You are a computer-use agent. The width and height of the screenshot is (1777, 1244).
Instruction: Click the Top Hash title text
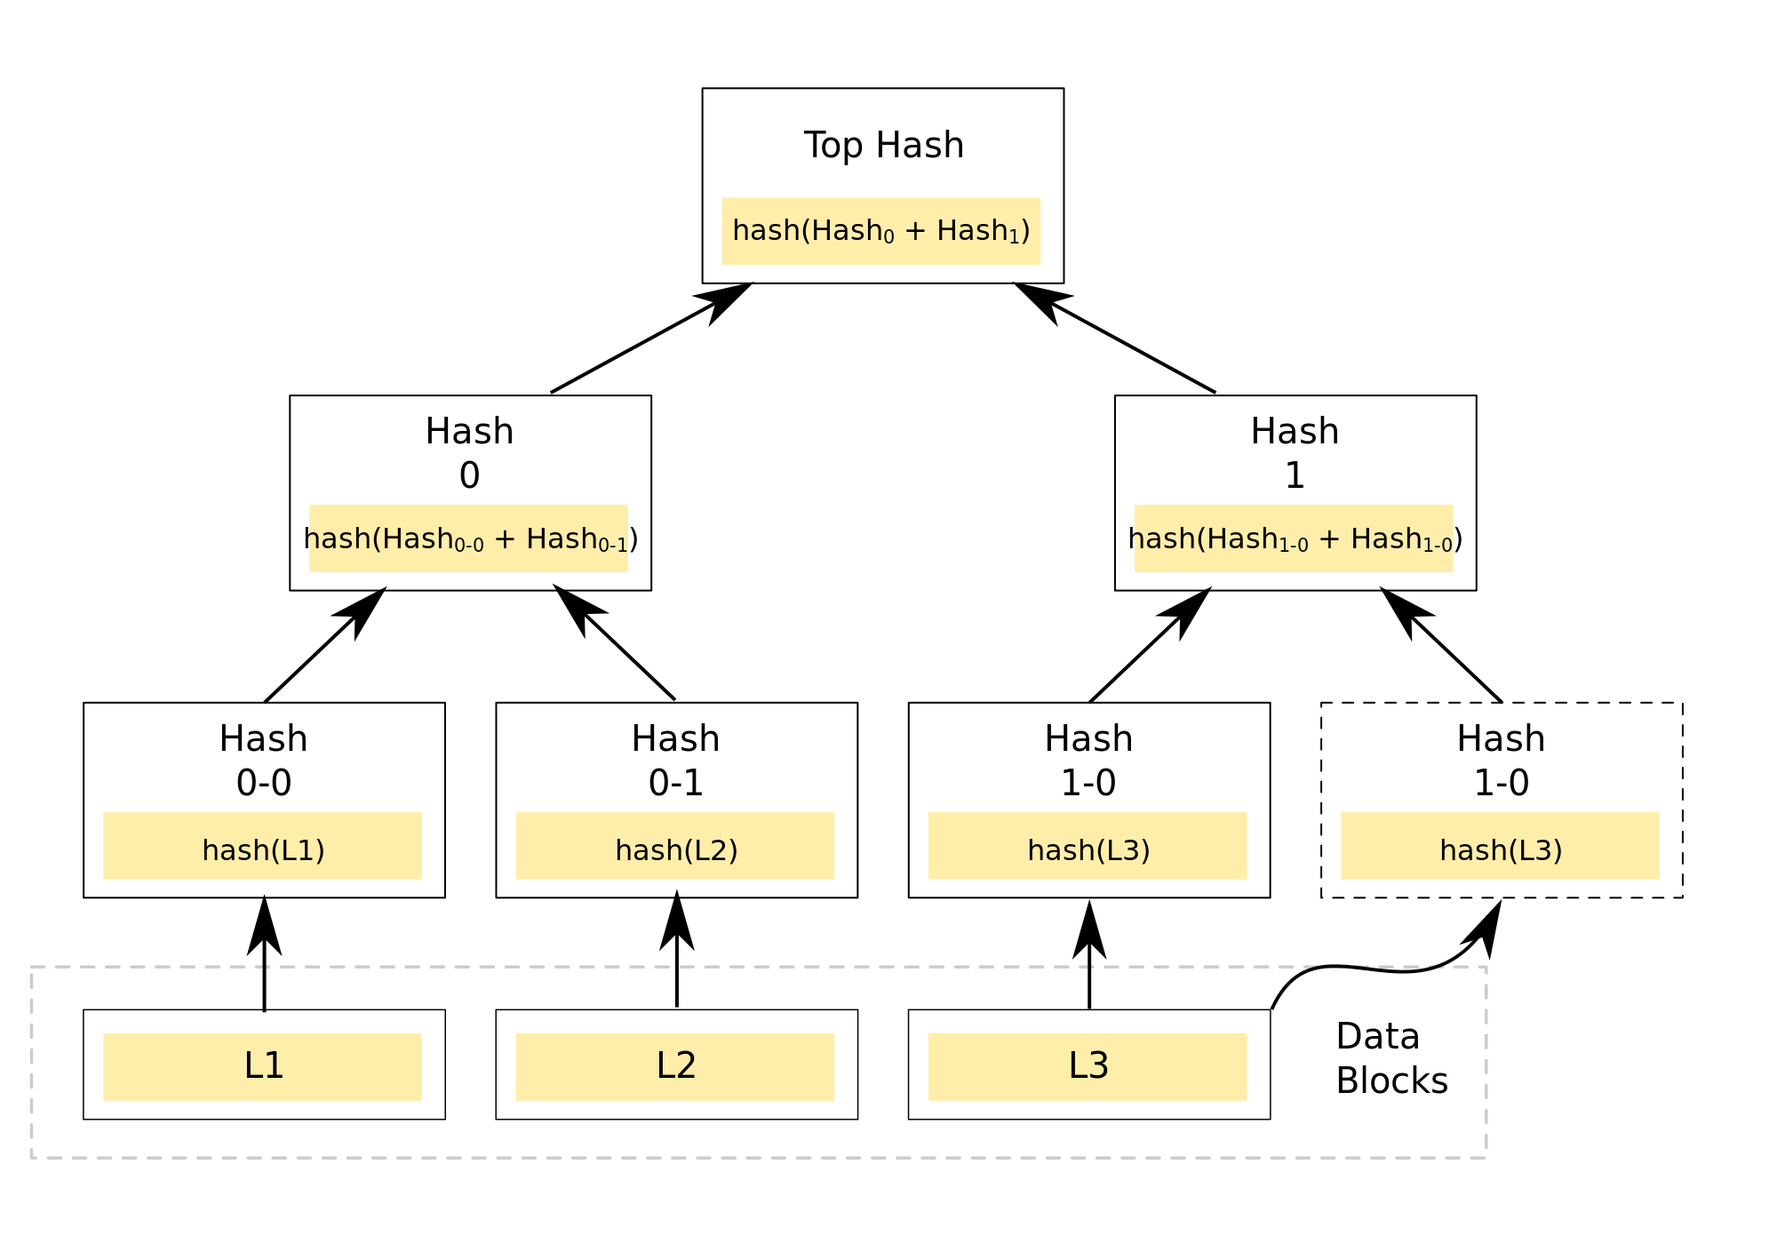[x=884, y=145]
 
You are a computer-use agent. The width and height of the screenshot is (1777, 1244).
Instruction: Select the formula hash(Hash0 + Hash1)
[x=881, y=231]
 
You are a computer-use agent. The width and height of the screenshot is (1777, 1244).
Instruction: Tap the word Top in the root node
[x=833, y=145]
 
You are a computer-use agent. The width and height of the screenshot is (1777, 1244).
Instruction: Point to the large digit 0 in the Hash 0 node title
[x=469, y=475]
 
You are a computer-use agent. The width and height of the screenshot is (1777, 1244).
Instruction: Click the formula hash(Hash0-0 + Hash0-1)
[x=470, y=539]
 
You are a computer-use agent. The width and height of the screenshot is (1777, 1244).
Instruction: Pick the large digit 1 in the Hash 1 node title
[x=1295, y=475]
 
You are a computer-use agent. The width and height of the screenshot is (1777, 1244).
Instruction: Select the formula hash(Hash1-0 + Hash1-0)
[x=1295, y=539]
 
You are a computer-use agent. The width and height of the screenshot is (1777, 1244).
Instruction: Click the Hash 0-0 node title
[x=264, y=760]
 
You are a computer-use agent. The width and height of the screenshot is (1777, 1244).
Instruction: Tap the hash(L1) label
[x=263, y=850]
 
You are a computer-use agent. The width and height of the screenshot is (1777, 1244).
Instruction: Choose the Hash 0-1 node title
[x=676, y=760]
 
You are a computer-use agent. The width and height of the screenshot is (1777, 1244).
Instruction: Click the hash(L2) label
[x=676, y=850]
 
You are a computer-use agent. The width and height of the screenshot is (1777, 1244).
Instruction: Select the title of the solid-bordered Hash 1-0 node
[x=1088, y=760]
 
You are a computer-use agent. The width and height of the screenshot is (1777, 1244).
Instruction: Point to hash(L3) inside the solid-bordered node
[x=1088, y=850]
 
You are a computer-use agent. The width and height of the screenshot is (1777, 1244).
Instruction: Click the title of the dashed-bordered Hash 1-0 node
[x=1501, y=760]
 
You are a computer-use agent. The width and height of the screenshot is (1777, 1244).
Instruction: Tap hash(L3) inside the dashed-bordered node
[x=1501, y=850]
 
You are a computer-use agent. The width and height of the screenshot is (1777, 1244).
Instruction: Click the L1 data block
[x=263, y=1065]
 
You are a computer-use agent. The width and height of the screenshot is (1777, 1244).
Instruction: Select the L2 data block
[x=676, y=1065]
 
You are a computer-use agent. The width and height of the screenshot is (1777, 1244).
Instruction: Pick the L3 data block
[x=1088, y=1065]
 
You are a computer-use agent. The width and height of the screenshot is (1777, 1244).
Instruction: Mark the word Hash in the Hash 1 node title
[x=1295, y=431]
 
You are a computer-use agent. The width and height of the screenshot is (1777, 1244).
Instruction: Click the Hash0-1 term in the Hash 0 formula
[x=578, y=539]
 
